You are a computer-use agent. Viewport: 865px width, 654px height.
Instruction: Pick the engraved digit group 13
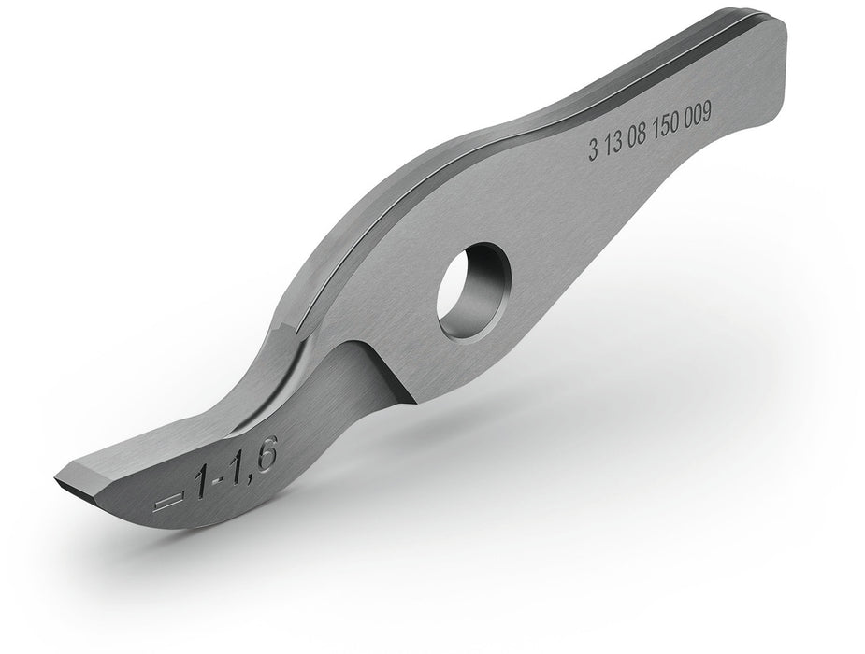(x=614, y=142)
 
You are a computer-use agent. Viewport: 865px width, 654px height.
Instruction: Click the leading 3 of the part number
(x=594, y=149)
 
